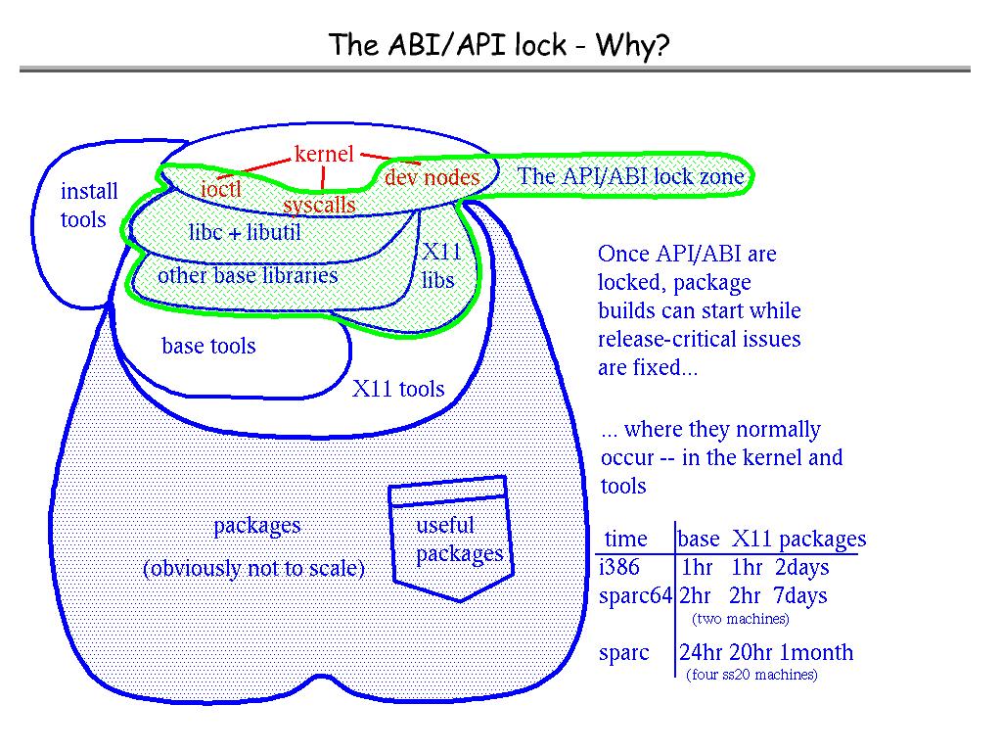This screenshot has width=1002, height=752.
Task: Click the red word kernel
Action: point(323,154)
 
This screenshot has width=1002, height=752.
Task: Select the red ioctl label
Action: point(220,188)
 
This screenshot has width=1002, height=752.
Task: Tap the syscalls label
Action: point(319,205)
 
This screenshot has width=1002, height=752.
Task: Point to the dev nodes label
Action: point(432,177)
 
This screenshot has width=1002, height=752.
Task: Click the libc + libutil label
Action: point(244,233)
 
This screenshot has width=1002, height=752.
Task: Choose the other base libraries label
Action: point(248,275)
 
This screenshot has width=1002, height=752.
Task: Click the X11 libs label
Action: point(439,265)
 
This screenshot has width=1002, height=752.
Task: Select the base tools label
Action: point(208,346)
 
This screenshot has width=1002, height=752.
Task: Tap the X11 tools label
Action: point(398,389)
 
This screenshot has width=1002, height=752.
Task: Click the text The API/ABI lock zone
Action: point(631,177)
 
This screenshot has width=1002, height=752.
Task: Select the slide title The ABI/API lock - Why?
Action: point(499,44)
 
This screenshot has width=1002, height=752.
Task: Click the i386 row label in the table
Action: point(616,568)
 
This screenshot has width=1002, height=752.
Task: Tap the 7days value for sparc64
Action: point(799,596)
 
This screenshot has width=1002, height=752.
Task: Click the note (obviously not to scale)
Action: point(253,568)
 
